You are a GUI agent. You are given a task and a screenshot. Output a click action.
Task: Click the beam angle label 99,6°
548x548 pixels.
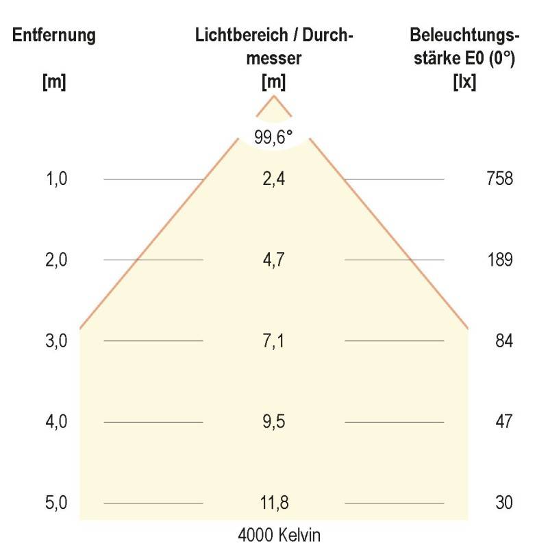click(274, 137)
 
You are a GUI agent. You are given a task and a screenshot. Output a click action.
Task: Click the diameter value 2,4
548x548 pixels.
click(274, 179)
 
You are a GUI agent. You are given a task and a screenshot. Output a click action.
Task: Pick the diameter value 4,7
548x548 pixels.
click(274, 260)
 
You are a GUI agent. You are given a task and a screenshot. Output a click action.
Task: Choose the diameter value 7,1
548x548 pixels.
click(274, 340)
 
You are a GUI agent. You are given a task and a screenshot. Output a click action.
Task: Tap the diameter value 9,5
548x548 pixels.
click(274, 421)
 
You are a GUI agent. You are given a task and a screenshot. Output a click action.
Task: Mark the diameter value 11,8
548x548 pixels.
click(274, 503)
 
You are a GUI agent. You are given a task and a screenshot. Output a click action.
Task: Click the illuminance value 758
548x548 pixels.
click(499, 179)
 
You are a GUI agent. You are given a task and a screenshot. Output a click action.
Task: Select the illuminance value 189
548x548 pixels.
click(499, 260)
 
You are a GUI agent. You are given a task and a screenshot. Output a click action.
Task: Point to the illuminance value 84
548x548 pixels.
click(503, 340)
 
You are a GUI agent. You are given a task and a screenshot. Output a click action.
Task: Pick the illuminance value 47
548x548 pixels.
click(503, 421)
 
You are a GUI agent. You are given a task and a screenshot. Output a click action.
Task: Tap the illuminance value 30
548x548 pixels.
click(503, 503)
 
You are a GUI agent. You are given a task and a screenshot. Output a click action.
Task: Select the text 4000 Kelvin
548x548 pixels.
click(274, 534)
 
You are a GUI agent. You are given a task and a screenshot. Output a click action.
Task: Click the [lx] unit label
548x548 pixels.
click(465, 82)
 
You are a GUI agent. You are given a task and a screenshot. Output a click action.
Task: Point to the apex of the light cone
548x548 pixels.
click(274, 97)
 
